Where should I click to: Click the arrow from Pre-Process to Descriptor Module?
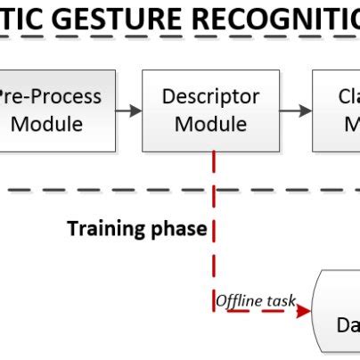click(x=128, y=110)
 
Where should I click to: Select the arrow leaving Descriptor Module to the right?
click(x=295, y=110)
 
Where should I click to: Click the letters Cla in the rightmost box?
click(x=348, y=96)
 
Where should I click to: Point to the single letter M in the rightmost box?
click(x=351, y=123)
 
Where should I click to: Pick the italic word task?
click(x=281, y=301)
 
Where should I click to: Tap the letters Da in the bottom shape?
click(x=346, y=325)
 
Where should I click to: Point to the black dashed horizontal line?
click(x=107, y=190)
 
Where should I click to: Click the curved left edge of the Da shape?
click(x=318, y=316)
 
